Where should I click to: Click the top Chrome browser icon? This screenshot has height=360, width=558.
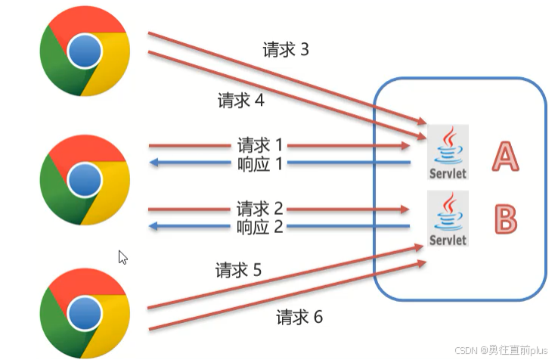click(84, 51)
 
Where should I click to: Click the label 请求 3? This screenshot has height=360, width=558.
click(286, 50)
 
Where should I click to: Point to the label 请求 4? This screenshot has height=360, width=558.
click(240, 100)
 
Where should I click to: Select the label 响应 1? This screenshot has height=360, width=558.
click(259, 163)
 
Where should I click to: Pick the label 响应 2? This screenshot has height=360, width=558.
click(259, 227)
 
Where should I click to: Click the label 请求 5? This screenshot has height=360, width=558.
click(238, 270)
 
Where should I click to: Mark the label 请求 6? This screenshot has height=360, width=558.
click(299, 317)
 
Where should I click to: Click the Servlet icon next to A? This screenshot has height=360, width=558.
click(448, 152)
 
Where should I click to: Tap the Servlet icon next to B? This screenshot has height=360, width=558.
click(448, 219)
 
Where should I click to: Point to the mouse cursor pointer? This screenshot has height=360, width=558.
click(122, 257)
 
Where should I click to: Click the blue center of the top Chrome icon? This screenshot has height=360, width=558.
click(84, 51)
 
